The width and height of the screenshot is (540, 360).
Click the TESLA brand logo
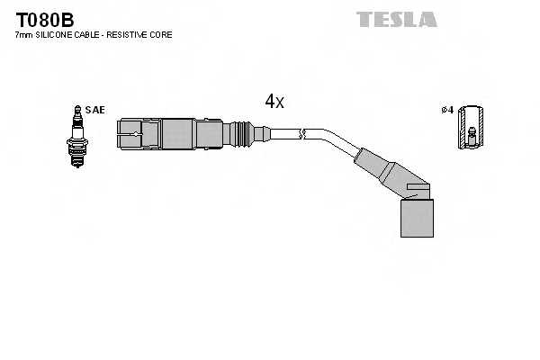point(396,19)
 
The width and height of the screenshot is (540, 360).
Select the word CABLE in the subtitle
point(88,34)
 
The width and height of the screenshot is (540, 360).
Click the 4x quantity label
point(274,102)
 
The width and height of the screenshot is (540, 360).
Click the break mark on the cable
point(303,135)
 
